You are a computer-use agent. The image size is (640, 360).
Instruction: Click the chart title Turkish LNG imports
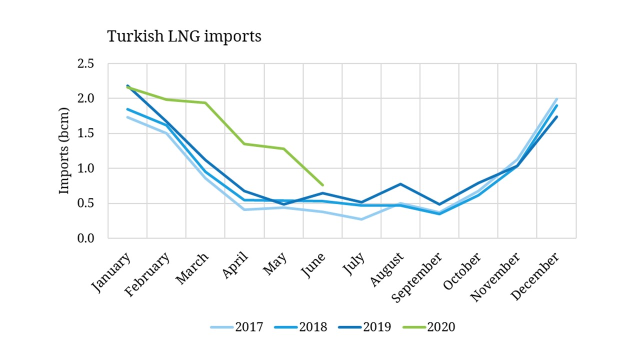184,36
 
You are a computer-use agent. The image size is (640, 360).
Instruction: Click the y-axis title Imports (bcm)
64,150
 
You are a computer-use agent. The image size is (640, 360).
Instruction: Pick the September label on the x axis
417,277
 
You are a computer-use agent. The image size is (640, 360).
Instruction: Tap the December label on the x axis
535,276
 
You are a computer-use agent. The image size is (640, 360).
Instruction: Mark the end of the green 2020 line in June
323,185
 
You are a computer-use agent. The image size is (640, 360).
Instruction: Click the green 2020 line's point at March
205,103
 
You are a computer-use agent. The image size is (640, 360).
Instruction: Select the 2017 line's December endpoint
557,99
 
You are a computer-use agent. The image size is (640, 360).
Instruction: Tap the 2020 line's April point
244,144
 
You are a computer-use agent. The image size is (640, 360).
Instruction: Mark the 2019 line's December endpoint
557,117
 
